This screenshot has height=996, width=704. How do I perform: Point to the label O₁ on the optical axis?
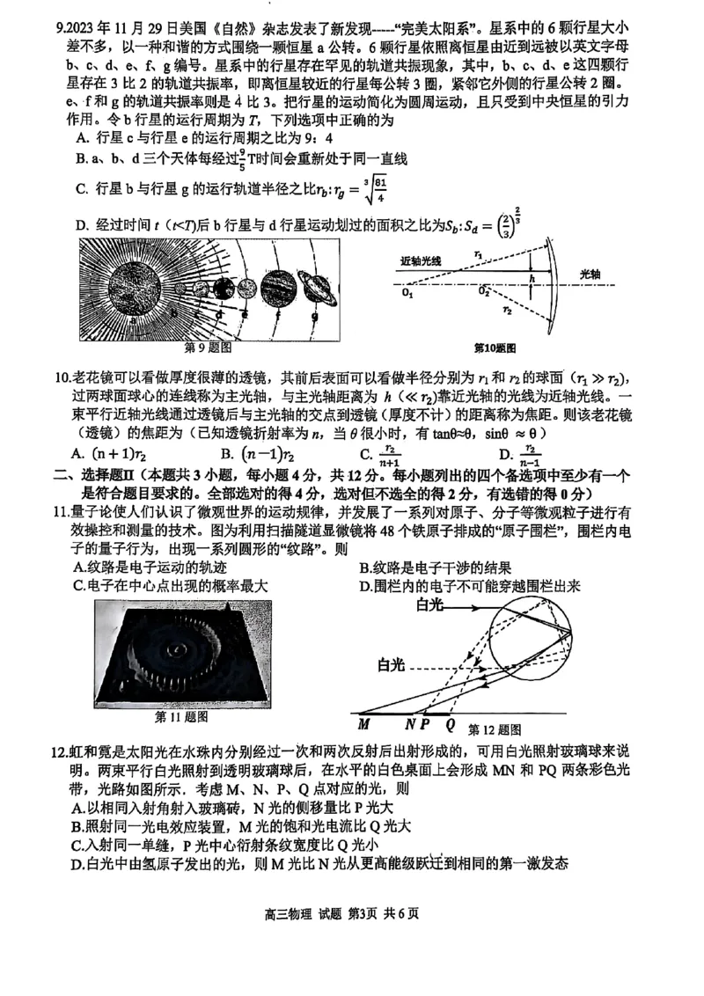(407, 292)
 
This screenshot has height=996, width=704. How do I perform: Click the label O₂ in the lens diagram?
(484, 292)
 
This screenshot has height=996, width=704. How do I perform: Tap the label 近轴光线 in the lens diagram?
(424, 260)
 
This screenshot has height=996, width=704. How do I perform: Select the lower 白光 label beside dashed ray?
(393, 663)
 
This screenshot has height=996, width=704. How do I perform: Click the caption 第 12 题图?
(495, 729)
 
